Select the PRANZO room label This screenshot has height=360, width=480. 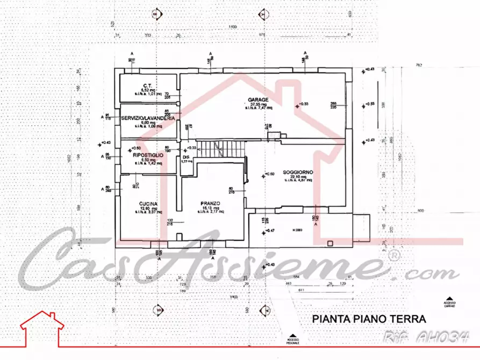208,203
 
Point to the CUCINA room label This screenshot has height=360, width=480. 148,204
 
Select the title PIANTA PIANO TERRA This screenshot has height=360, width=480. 369,319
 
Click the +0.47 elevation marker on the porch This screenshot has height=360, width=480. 266,232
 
